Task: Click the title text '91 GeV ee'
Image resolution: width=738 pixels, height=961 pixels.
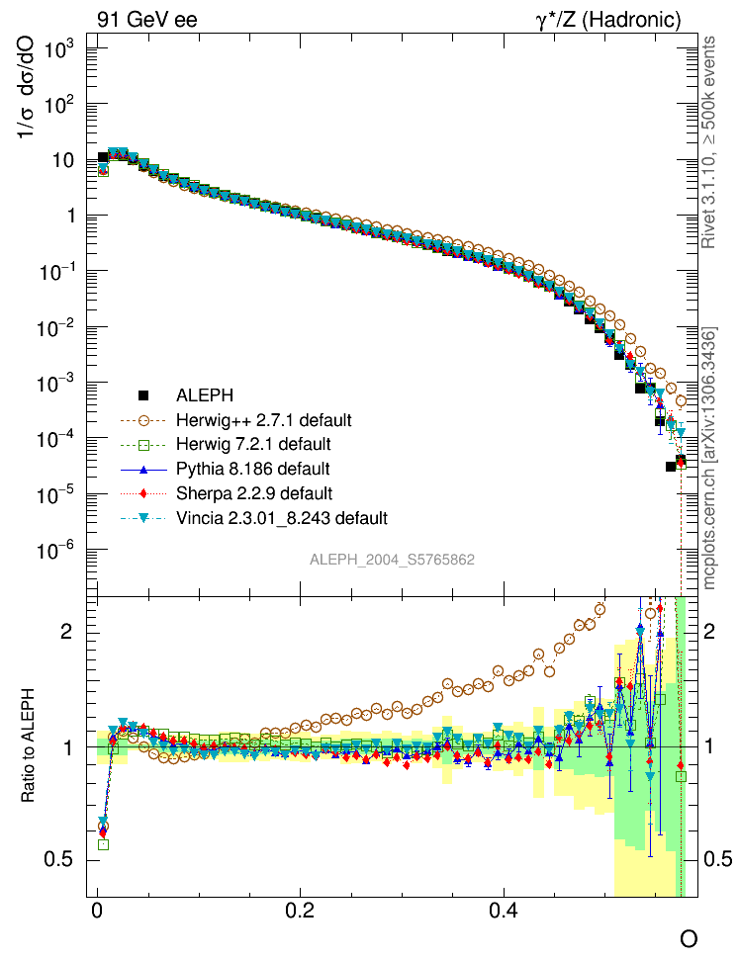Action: click(x=146, y=20)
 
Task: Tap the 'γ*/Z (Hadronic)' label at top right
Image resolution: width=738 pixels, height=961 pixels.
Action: click(x=608, y=20)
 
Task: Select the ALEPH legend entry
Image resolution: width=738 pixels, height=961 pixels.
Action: click(x=205, y=395)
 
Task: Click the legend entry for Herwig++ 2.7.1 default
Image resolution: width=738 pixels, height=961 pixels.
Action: click(x=263, y=420)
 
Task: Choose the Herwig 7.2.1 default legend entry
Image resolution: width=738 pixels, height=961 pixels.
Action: click(x=253, y=444)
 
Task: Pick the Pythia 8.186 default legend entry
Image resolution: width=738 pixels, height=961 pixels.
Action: click(x=252, y=469)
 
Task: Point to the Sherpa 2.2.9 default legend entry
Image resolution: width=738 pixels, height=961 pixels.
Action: click(x=253, y=492)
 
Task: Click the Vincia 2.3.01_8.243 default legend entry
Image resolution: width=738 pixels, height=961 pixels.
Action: click(x=281, y=517)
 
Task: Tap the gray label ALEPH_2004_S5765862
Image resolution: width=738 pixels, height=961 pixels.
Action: click(x=393, y=560)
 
